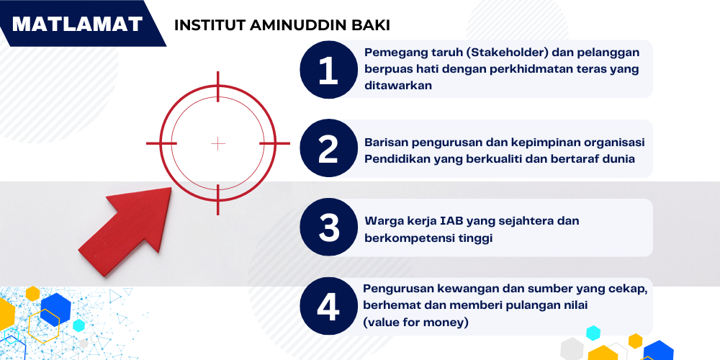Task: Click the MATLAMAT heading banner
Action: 78,24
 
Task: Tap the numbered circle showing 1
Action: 328,69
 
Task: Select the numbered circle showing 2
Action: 328,148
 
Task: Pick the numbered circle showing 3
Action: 328,228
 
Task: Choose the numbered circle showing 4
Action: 328,307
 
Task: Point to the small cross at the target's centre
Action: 218,144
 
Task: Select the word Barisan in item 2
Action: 387,142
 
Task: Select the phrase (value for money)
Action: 416,323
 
